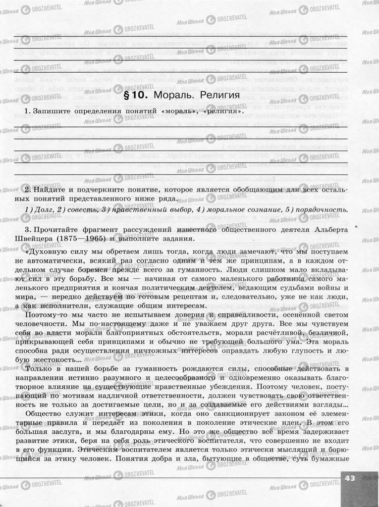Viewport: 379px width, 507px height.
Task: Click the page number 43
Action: click(x=350, y=478)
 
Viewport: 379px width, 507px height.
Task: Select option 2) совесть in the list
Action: click(x=76, y=210)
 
